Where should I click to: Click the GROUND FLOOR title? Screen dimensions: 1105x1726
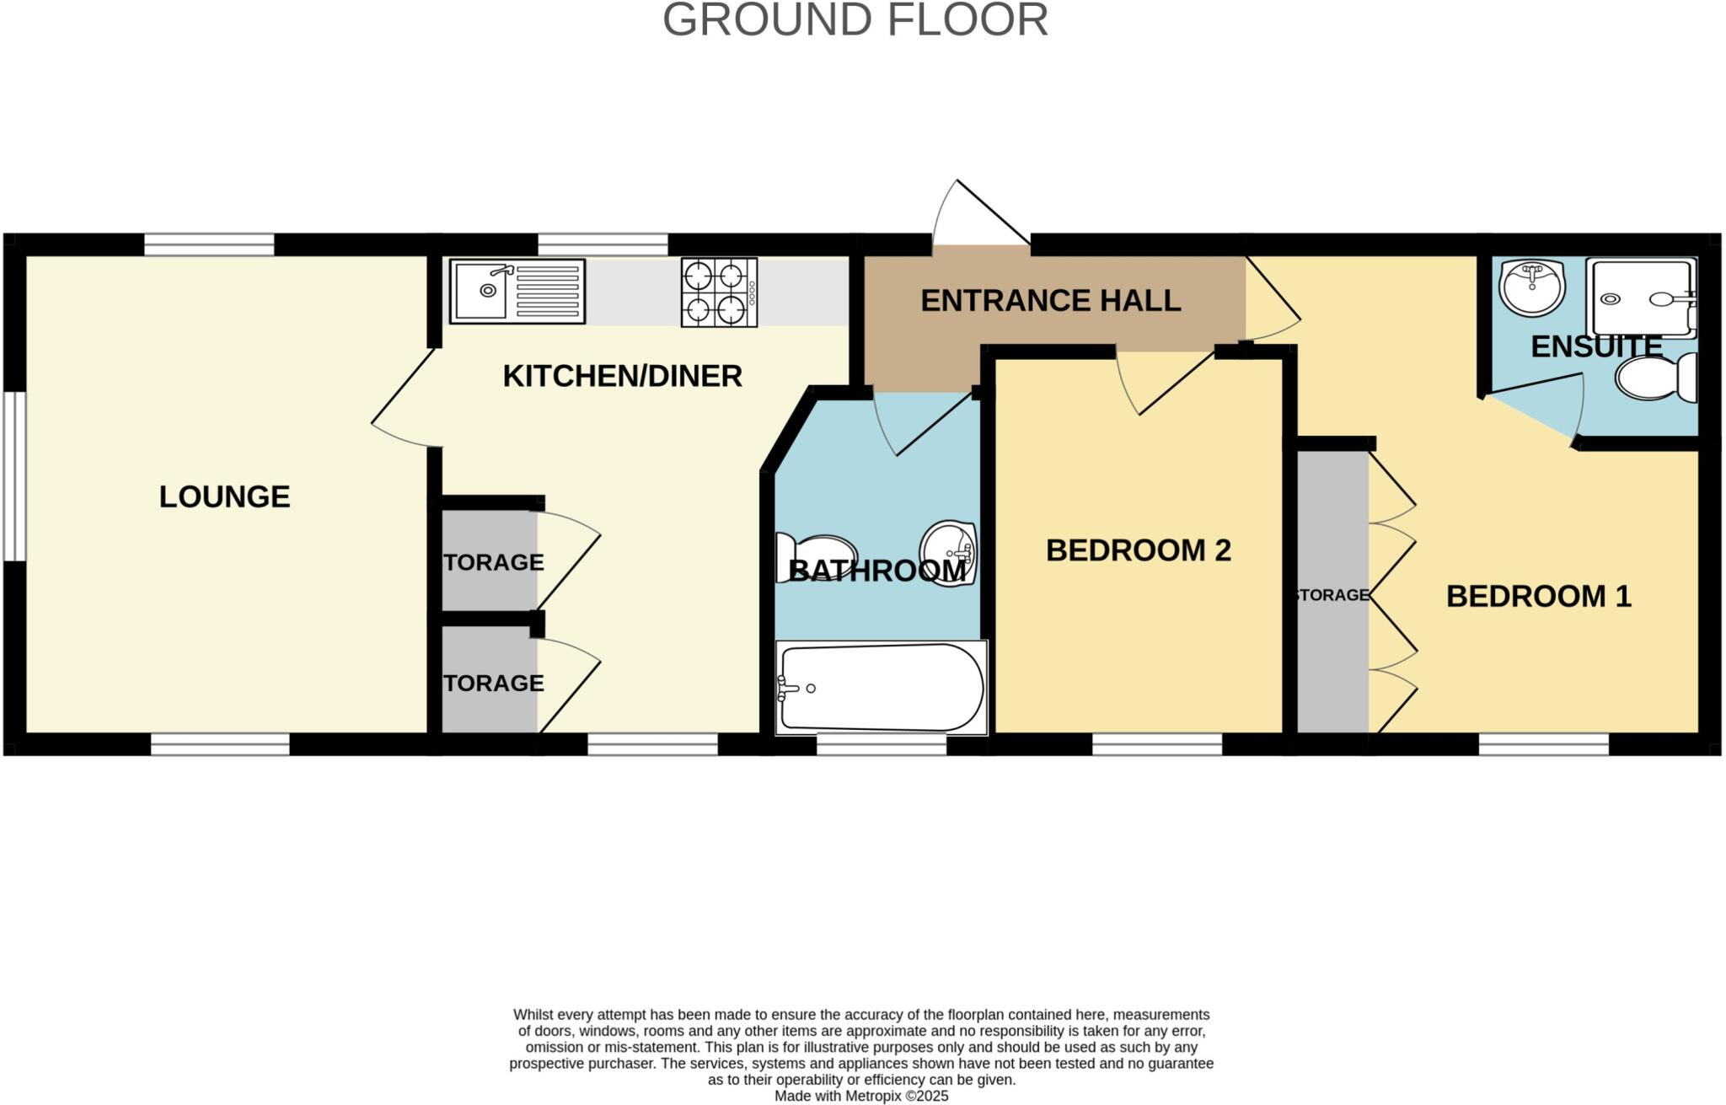click(x=855, y=20)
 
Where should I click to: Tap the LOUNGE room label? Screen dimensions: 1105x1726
click(x=224, y=496)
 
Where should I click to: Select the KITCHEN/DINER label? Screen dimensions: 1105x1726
click(x=622, y=376)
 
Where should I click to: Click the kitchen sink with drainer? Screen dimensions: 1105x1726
click(x=517, y=291)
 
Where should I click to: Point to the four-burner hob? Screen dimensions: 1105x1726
click(x=719, y=292)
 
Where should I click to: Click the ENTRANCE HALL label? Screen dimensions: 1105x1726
click(x=1050, y=301)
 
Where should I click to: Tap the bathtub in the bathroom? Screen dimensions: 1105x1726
click(x=881, y=688)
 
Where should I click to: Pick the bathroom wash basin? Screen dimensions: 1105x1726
click(x=949, y=552)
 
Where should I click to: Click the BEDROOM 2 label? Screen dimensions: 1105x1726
click(x=1138, y=550)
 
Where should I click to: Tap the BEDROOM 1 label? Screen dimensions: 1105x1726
click(x=1538, y=597)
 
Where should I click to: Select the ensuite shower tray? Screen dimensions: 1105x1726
click(x=1640, y=298)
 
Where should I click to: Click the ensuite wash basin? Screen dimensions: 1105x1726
click(x=1531, y=288)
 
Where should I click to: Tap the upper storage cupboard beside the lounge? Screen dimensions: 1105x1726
click(x=490, y=561)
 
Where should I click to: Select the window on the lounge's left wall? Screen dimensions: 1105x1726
click(x=14, y=475)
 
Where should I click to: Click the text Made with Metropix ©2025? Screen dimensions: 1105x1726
click(x=861, y=1096)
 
